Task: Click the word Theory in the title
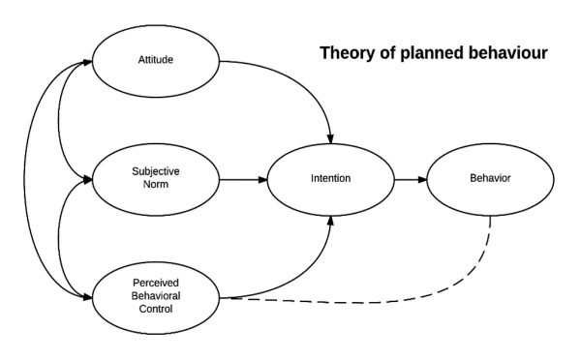click(x=348, y=53)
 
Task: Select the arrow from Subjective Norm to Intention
click(x=243, y=180)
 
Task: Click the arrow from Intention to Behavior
click(x=411, y=180)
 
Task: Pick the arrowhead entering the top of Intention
click(x=330, y=139)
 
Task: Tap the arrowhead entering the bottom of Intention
click(x=330, y=221)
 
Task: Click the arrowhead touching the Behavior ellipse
click(x=422, y=180)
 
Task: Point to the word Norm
click(x=156, y=185)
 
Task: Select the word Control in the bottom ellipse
click(x=156, y=309)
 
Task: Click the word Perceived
click(x=156, y=283)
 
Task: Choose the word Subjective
click(x=156, y=171)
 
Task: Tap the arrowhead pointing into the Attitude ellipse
click(x=87, y=62)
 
